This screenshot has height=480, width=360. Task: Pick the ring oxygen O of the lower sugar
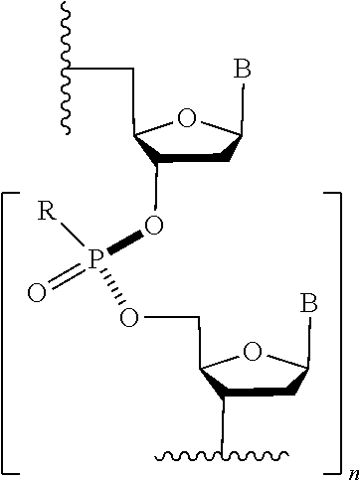tap(254, 351)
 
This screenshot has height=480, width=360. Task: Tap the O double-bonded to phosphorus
tap(36, 293)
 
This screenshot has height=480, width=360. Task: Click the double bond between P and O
tap(66, 277)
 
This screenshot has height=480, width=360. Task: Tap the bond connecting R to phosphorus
tap(71, 237)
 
